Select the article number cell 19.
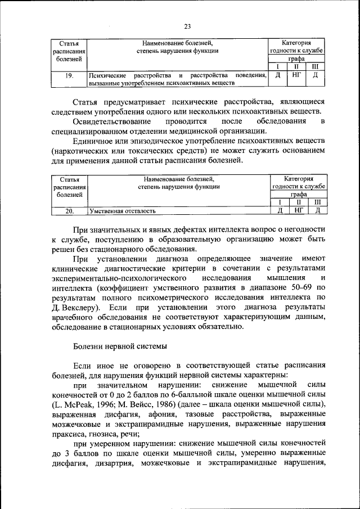click(68, 76)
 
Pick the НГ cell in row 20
click(299, 211)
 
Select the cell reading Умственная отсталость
click(121, 211)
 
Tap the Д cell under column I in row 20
click(280, 211)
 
